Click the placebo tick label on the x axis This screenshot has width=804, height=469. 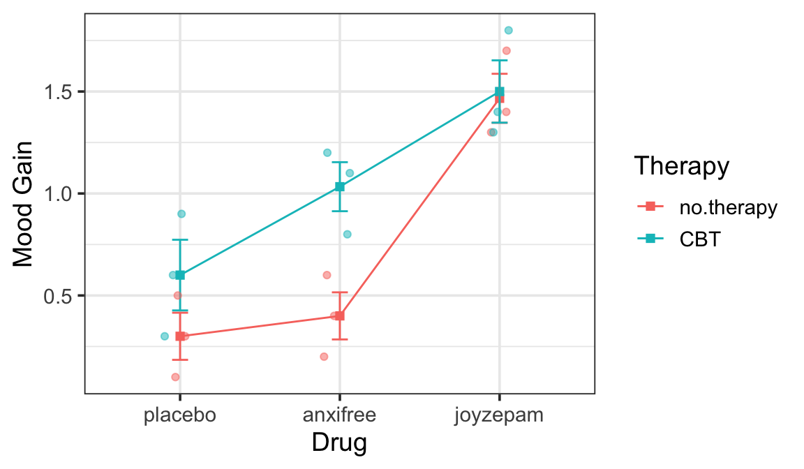pyautogui.click(x=179, y=415)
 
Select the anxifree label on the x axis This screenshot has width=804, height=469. pyautogui.click(x=339, y=415)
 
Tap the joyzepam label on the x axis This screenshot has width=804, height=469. pyautogui.click(x=498, y=415)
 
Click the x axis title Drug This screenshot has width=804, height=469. pyautogui.click(x=339, y=442)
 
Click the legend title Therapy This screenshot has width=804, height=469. pyautogui.click(x=681, y=166)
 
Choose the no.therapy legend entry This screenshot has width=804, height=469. pyautogui.click(x=728, y=207)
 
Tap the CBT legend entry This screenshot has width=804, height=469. pyautogui.click(x=700, y=239)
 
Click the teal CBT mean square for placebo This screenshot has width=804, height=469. pyautogui.click(x=180, y=275)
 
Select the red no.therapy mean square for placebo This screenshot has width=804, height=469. pyautogui.click(x=180, y=336)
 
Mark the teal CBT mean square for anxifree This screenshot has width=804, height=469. pyautogui.click(x=340, y=186)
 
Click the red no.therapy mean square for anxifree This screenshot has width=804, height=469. pyautogui.click(x=340, y=315)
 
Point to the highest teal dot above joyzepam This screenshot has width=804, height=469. pyautogui.click(x=508, y=30)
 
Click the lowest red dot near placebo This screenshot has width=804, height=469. pyautogui.click(x=175, y=377)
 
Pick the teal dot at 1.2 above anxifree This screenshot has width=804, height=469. pyautogui.click(x=327, y=153)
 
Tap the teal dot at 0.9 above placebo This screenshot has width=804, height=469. pyautogui.click(x=181, y=214)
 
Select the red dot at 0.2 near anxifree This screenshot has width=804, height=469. pyautogui.click(x=324, y=357)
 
